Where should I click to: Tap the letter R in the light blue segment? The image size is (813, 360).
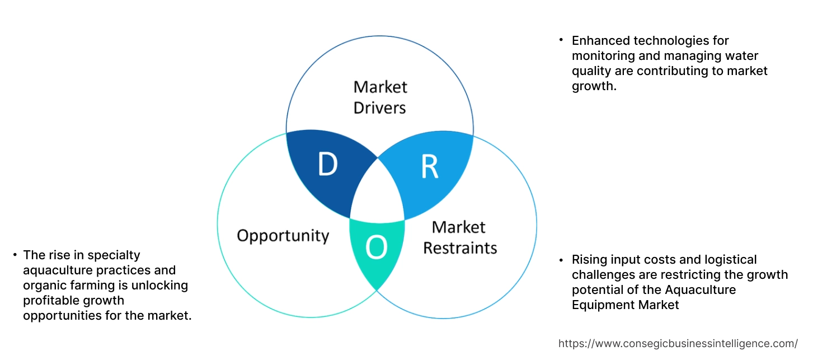[429, 167]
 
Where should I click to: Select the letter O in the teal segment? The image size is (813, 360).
[377, 248]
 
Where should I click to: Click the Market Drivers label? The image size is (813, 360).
[380, 97]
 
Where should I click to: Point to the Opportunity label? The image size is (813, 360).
[283, 235]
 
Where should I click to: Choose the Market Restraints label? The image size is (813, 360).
[459, 237]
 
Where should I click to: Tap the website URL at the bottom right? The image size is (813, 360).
[678, 343]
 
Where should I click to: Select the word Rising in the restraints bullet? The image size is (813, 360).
[588, 260]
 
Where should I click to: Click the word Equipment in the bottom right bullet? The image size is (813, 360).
[599, 305]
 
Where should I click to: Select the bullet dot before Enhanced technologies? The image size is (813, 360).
[561, 40]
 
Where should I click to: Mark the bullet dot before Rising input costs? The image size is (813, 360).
[561, 259]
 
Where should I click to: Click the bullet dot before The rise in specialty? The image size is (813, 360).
[14, 255]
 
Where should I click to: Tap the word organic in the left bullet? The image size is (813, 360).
[42, 286]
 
